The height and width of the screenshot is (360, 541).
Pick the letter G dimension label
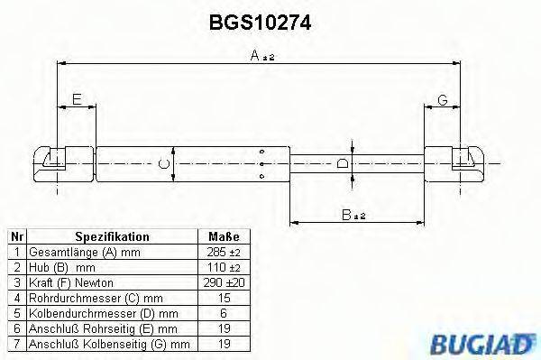pyautogui.click(x=443, y=99)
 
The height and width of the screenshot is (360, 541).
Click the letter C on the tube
pyautogui.click(x=162, y=163)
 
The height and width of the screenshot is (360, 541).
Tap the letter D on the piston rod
pyautogui.click(x=342, y=163)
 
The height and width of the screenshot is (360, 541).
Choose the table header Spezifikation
pyautogui.click(x=113, y=236)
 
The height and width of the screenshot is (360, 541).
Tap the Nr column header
pyautogui.click(x=15, y=236)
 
